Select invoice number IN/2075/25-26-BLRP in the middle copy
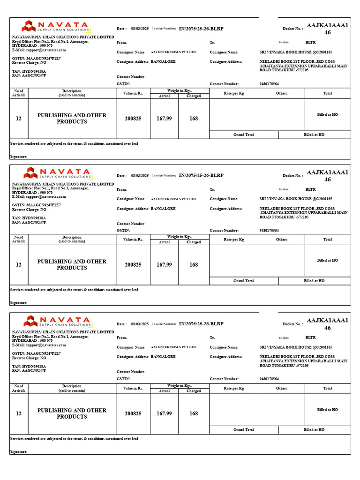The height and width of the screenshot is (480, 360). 201,175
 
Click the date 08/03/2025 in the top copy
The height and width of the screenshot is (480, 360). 140,29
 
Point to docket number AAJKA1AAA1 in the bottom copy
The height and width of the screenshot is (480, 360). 327,321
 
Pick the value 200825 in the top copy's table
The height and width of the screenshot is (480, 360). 133,119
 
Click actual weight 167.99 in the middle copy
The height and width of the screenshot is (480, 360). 164,265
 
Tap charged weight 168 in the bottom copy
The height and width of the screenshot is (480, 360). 194,413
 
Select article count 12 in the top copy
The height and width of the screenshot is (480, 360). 19,119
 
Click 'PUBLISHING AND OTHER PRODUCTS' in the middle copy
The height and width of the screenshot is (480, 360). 72,265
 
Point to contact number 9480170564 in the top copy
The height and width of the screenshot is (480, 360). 269,84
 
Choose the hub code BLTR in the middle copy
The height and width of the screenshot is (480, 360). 310,189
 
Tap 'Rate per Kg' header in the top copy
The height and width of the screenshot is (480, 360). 234,93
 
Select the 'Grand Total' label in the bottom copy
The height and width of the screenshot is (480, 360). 243,429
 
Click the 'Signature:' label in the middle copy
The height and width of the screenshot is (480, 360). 19,303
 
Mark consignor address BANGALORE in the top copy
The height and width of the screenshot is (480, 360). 163,61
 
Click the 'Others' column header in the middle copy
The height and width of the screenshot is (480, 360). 282,240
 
